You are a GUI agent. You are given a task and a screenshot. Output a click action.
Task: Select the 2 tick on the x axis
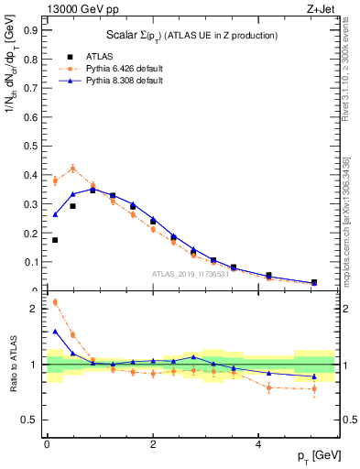pyautogui.click(x=153, y=443)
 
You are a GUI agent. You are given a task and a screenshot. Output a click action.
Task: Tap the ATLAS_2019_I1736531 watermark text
pyautogui.click(x=191, y=274)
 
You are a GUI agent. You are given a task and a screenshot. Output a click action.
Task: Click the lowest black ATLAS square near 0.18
pyautogui.click(x=55, y=240)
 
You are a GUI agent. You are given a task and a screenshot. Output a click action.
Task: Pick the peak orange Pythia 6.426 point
pyautogui.click(x=72, y=169)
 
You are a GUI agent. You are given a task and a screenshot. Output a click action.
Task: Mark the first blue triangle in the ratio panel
pyautogui.click(x=55, y=332)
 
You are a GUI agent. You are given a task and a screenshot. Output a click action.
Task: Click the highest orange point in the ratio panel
pyautogui.click(x=55, y=301)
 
